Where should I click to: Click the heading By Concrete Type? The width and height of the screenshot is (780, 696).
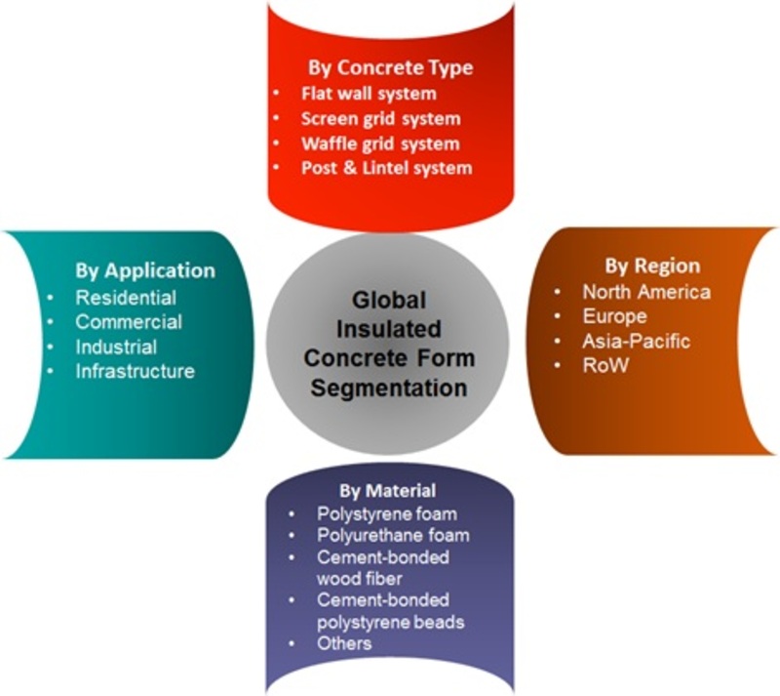click(x=391, y=68)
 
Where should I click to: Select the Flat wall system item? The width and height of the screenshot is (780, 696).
click(x=369, y=94)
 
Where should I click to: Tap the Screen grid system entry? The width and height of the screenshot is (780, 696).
click(x=380, y=119)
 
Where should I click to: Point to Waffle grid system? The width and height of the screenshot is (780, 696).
click(x=380, y=143)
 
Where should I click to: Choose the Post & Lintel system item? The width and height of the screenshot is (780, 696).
click(x=386, y=168)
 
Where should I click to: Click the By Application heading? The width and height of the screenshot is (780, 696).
click(x=145, y=271)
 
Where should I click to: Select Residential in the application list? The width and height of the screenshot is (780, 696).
click(x=126, y=298)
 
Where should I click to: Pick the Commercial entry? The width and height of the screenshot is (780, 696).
click(x=129, y=322)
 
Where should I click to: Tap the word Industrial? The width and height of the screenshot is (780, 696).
click(x=116, y=347)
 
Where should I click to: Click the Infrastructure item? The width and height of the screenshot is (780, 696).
click(x=135, y=371)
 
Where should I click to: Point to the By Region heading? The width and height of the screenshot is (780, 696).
click(x=652, y=266)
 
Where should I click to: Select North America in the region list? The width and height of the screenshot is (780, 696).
click(x=646, y=292)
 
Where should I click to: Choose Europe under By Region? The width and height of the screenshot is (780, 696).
click(x=615, y=316)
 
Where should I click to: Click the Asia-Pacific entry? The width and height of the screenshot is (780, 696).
click(x=637, y=341)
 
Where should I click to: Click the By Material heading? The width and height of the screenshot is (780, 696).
click(x=387, y=491)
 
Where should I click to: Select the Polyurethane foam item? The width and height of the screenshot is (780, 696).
click(x=393, y=535)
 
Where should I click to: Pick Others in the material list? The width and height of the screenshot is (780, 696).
click(x=344, y=643)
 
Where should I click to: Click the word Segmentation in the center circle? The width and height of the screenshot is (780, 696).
click(x=389, y=389)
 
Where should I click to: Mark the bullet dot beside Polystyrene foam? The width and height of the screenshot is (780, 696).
click(x=292, y=514)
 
